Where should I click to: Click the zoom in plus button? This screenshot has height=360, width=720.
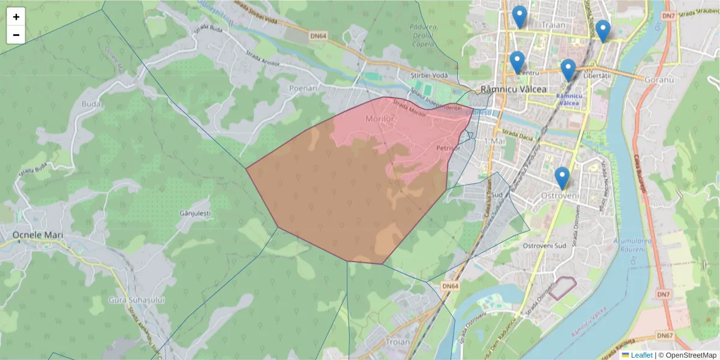16,17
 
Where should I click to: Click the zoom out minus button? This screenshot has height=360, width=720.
16,35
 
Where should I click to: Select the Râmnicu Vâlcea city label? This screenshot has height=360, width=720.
514,89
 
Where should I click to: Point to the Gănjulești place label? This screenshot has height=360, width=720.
195,213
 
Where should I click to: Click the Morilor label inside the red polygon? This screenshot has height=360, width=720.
380,119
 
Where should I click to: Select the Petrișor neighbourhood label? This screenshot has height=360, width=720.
448,148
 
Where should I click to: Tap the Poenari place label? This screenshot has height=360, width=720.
303,88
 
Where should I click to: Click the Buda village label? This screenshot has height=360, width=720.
91,104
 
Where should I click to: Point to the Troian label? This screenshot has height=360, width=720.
398,342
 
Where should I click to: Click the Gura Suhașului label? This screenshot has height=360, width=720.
136,299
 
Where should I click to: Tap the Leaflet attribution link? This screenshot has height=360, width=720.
641,355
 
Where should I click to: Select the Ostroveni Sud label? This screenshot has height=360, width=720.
544,246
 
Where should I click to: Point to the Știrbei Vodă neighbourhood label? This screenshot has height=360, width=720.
430,75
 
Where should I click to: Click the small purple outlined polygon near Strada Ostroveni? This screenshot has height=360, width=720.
563,288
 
